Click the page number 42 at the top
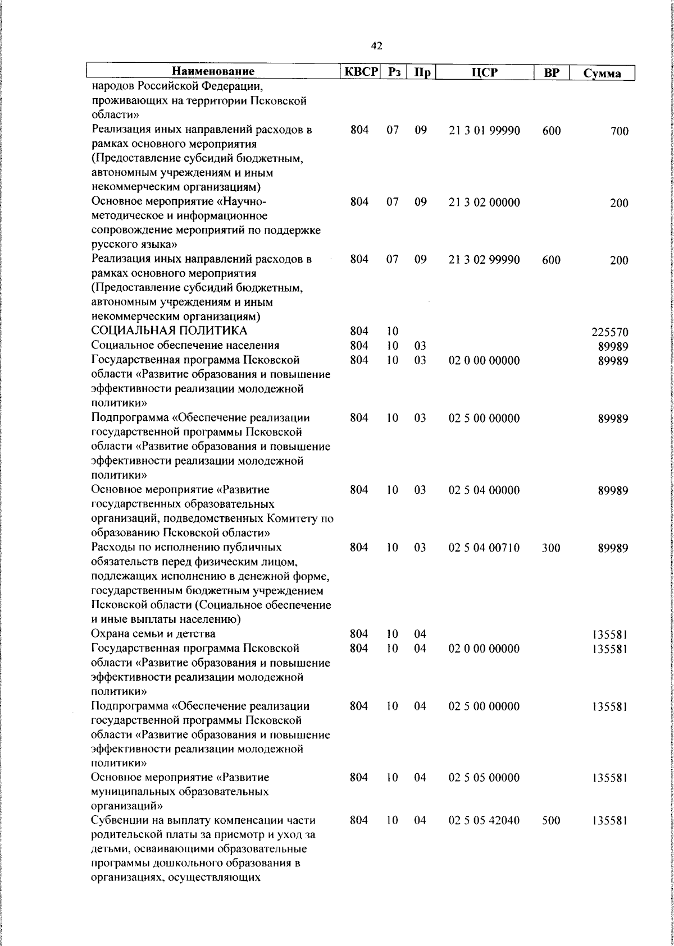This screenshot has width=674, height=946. point(377,46)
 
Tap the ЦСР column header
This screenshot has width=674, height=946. point(484,72)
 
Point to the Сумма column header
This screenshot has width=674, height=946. point(602,73)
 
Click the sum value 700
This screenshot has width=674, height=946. point(619,132)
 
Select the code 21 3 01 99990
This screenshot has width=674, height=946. point(484,131)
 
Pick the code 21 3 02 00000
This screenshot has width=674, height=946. point(484,203)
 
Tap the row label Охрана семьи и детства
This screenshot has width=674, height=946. point(153,634)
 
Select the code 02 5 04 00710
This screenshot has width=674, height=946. point(484,548)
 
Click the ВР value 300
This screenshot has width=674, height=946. point(551,548)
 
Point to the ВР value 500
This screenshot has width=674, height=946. point(551,821)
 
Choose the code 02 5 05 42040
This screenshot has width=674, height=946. point(484,820)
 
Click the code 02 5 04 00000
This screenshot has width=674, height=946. point(484,490)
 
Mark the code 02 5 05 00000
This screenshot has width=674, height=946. point(484,778)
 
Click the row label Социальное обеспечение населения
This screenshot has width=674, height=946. point(185,345)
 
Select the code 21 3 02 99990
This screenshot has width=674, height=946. point(484,260)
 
